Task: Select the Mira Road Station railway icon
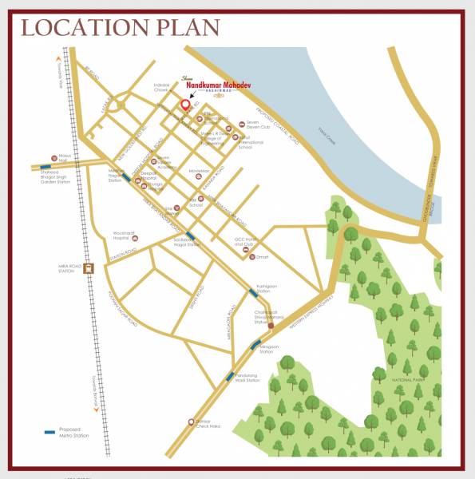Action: click(x=89, y=269)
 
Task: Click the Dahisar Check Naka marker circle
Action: click(x=190, y=421)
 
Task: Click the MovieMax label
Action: click(x=200, y=170)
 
